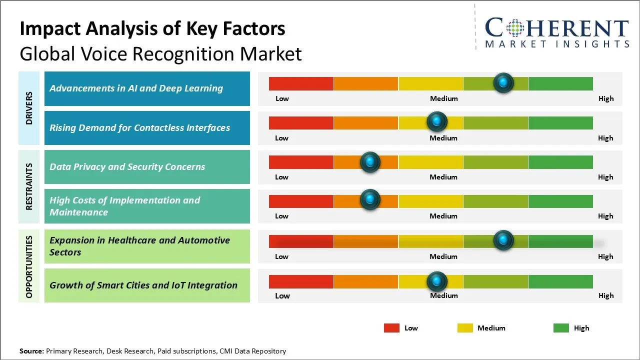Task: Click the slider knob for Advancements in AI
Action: [x=503, y=82]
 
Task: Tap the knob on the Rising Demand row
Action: [x=437, y=121]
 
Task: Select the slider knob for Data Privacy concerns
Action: [x=370, y=161]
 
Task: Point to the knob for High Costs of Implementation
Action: [x=370, y=199]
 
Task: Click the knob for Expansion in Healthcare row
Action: [x=503, y=240]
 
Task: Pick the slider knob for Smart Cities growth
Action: [x=437, y=281]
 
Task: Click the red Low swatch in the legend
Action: [x=391, y=328]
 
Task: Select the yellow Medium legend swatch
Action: [x=465, y=328]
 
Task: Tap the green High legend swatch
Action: [x=561, y=328]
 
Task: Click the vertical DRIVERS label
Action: [x=29, y=108]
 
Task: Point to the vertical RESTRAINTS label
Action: [x=29, y=186]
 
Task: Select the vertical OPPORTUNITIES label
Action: [x=29, y=266]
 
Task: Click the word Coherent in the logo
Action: [x=557, y=28]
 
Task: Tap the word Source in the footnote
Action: [x=31, y=351]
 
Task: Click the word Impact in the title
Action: [x=50, y=28]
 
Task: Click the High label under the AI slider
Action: [x=606, y=98]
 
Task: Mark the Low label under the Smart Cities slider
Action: [x=282, y=295]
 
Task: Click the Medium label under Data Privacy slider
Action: [x=443, y=177]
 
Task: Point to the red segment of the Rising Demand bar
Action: [x=301, y=122]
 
